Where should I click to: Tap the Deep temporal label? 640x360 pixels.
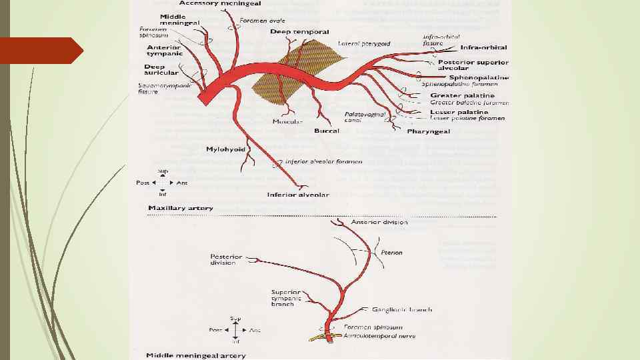299,31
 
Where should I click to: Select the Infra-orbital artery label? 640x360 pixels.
483,48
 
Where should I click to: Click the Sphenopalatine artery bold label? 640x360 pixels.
479,77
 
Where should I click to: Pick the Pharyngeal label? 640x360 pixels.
429,131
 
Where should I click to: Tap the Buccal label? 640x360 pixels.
327,131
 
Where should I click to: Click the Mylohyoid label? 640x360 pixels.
226,149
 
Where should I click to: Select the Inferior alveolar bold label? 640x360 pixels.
298,195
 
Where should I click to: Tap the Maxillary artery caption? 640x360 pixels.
181,208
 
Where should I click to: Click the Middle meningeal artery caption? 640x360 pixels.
196,355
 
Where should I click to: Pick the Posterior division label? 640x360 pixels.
223,259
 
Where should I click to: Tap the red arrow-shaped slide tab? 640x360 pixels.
40,51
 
